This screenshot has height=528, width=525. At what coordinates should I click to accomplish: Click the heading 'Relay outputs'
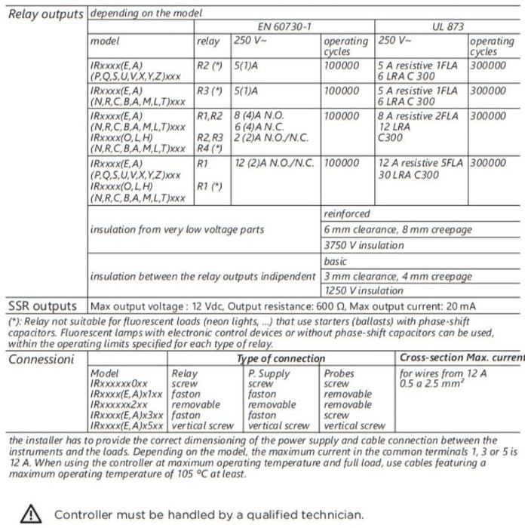point(45,13)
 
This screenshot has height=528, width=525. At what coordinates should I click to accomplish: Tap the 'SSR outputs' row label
point(42,306)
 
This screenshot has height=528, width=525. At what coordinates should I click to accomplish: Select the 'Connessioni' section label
point(41,359)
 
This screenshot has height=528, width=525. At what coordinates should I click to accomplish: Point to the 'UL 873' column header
point(449,26)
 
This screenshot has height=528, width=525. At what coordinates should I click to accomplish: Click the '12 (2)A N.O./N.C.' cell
point(275,162)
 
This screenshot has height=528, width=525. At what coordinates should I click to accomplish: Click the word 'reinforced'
point(347,214)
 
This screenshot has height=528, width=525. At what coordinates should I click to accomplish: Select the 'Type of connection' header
point(281,359)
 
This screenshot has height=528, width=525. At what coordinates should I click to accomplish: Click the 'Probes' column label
point(339,373)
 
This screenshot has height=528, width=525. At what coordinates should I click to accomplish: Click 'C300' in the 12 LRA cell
point(390,139)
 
